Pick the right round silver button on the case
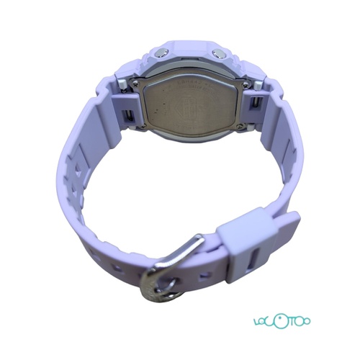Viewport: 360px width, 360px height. tap(217, 53)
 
